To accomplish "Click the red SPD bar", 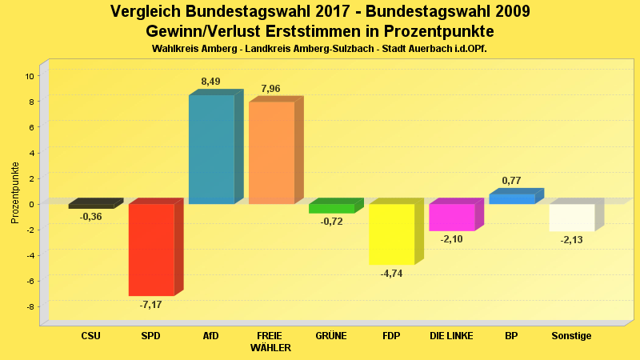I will click(x=151, y=249).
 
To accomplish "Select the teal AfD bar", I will click(x=211, y=150).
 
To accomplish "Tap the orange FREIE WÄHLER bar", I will click(x=271, y=152).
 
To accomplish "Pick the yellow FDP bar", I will click(x=391, y=234).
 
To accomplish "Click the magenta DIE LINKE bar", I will click(x=452, y=217).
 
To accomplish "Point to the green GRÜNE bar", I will click(x=331, y=208).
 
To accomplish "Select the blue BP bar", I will click(x=512, y=198).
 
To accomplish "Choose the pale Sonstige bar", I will click(x=572, y=218).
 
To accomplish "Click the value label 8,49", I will click(x=210, y=82).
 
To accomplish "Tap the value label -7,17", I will click(x=150, y=305).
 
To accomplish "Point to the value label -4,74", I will click(x=391, y=274).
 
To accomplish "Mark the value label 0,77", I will click(x=511, y=181).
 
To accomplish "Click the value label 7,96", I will click(x=270, y=88).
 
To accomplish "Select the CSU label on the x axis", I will click(x=91, y=336).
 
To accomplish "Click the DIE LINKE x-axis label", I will click(x=452, y=336).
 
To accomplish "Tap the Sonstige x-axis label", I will click(x=571, y=336).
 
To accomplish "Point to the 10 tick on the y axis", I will click(x=29, y=76).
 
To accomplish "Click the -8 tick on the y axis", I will click(x=30, y=307).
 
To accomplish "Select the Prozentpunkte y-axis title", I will click(x=14, y=193).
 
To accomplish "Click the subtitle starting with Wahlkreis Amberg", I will click(x=319, y=49).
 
